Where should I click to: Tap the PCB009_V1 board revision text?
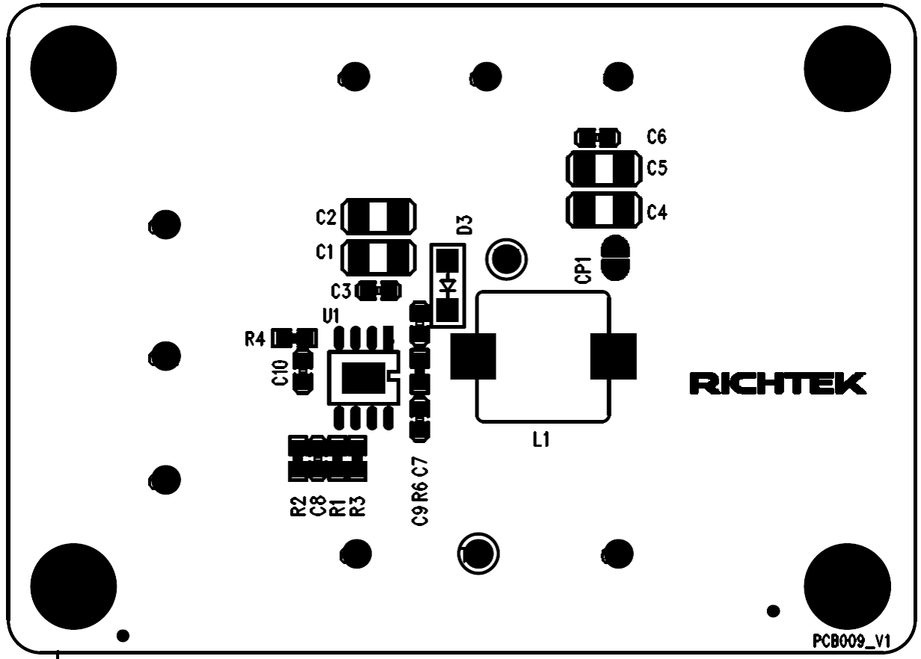pos(853,641)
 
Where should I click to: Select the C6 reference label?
pos(657,137)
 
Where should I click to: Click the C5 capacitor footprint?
pos(603,169)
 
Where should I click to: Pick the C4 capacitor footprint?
pos(603,211)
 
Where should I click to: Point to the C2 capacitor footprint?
pos(378,217)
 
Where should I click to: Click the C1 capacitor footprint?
pos(378,257)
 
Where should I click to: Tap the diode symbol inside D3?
pos(448,285)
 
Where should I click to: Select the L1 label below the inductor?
pos(541,441)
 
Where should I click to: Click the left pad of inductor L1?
pos(473,356)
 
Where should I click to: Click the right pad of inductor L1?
pos(613,356)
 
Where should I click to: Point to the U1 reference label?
pos(331,316)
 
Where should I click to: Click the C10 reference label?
pos(281,371)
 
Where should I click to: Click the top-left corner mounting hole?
pos(74,64)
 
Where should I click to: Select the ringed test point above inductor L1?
pos(506,259)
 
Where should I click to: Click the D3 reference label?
pos(464,224)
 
